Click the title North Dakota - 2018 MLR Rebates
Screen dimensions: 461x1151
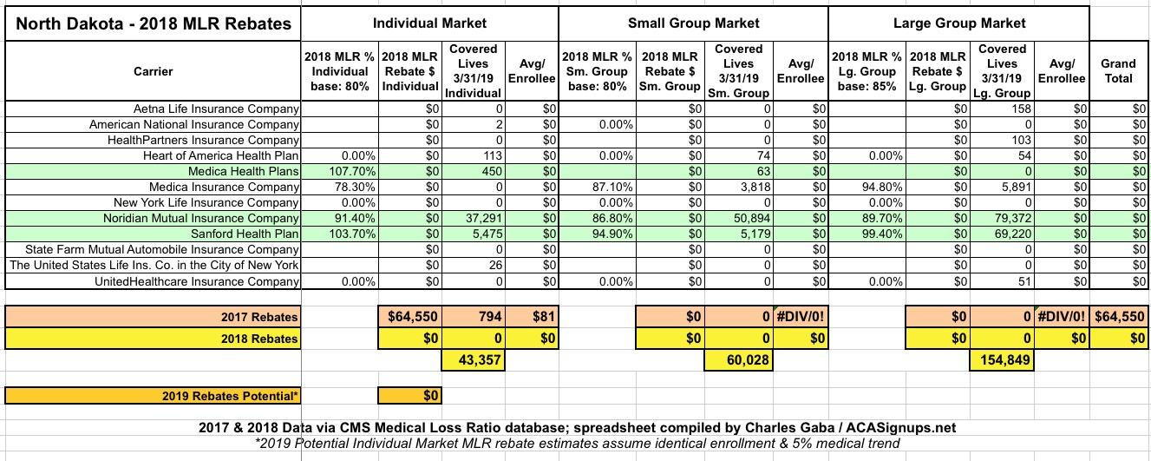click(x=154, y=23)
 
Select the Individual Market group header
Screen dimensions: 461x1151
click(x=429, y=23)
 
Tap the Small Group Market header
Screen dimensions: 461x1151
click(x=693, y=23)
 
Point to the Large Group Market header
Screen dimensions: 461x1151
click(x=959, y=23)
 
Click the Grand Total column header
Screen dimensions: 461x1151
click(x=1118, y=70)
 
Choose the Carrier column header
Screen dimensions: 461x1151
click(x=153, y=71)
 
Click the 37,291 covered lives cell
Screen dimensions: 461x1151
click(x=474, y=218)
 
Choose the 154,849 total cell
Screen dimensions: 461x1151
click(x=1003, y=360)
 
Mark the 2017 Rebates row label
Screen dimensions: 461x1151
click(x=260, y=317)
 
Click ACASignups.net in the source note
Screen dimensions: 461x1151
click(x=904, y=428)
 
